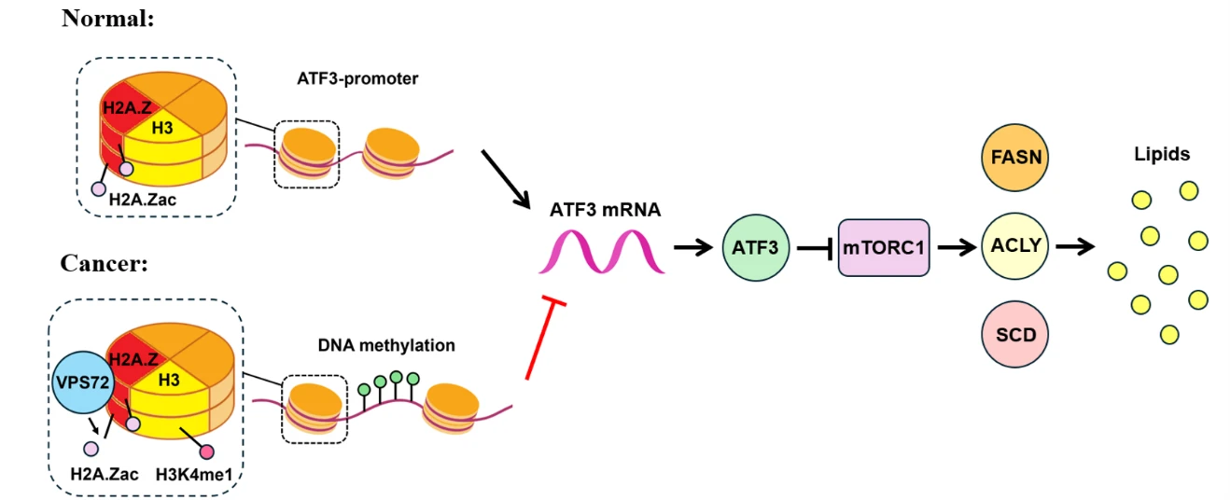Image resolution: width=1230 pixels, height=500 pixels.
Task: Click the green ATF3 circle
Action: coord(756,247)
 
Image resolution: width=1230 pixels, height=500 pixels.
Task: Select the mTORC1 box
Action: coord(884,247)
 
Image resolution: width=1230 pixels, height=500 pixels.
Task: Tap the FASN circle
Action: coord(1014,158)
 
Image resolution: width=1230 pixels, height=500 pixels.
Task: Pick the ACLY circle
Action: coord(1014,246)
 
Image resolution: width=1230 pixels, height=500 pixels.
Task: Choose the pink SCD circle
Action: coord(1014,334)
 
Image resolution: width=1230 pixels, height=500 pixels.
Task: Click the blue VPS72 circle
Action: coord(83,382)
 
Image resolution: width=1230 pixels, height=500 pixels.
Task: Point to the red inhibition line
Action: coord(545,338)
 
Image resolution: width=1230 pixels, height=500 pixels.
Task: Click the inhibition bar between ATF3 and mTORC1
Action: coord(815,249)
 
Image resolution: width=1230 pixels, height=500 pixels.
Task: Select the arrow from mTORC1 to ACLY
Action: coord(957,247)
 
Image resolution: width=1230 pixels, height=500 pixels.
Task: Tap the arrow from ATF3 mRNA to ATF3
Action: coord(693,247)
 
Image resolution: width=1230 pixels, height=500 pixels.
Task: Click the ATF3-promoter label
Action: coord(357,79)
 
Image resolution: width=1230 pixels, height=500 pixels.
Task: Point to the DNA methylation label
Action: coord(386,345)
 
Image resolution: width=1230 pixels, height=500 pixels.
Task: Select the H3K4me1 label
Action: coord(194,474)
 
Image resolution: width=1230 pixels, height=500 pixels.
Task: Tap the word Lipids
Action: coord(1162,154)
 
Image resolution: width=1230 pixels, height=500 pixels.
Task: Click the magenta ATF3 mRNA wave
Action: coord(602,251)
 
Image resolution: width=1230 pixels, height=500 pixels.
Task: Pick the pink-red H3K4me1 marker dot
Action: coord(206,451)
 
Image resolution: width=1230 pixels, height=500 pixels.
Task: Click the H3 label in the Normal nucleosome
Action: coord(162,129)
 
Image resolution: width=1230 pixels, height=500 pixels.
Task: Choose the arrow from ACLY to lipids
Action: coord(1075,246)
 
